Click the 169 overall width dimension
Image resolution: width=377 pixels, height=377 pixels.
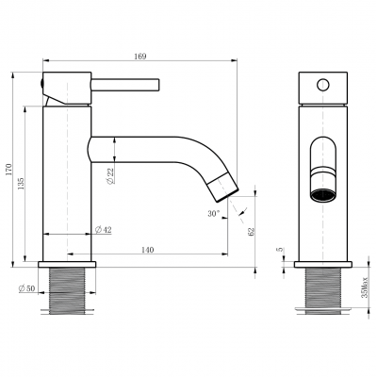click(x=140, y=57)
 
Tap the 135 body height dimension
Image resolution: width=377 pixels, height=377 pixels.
click(x=21, y=184)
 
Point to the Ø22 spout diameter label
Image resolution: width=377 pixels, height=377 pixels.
click(x=110, y=177)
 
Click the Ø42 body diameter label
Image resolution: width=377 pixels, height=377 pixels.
click(x=103, y=230)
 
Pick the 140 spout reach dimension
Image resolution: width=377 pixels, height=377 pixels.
click(x=148, y=250)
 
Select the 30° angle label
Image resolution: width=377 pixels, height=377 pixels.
click(x=213, y=214)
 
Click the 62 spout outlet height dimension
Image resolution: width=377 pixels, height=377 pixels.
click(x=251, y=232)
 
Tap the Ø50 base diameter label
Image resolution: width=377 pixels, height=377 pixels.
click(x=27, y=288)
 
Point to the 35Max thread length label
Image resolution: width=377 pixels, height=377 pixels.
click(x=364, y=287)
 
